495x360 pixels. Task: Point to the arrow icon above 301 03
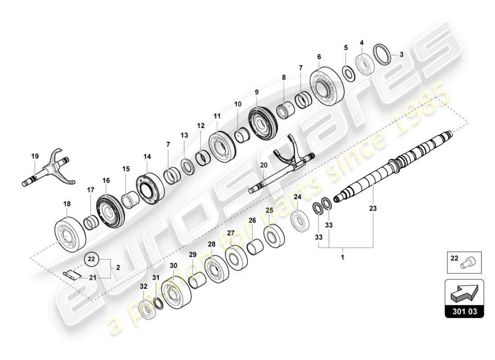463,295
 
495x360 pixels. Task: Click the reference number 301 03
464,311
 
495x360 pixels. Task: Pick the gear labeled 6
326,87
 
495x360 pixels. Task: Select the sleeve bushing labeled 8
285,110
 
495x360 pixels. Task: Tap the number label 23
373,208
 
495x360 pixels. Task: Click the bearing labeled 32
145,309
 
